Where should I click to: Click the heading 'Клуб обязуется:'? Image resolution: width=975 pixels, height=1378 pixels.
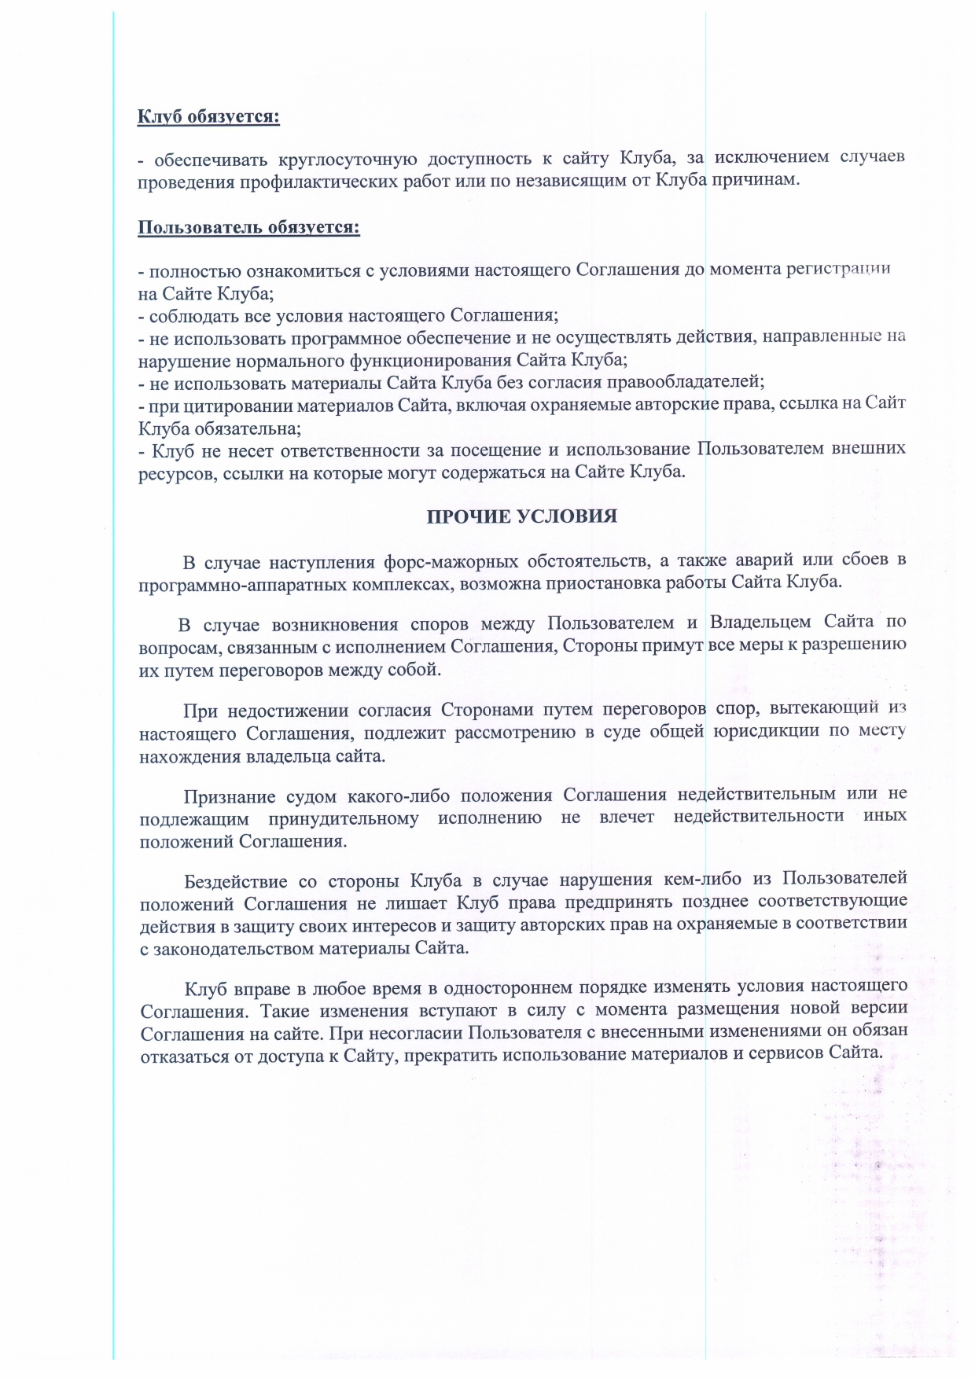click(208, 117)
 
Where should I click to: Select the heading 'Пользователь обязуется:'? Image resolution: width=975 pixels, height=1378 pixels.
click(248, 228)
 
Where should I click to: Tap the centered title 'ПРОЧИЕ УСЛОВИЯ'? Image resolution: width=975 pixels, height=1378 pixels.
click(521, 516)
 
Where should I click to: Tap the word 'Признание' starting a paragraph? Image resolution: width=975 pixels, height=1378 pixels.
click(228, 796)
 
